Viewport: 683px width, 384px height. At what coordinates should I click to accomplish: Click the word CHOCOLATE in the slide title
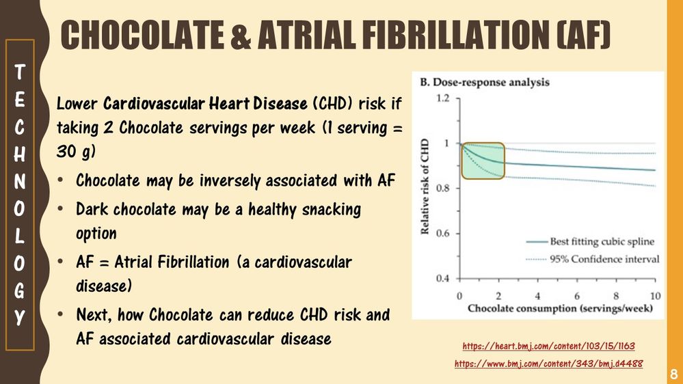(142, 34)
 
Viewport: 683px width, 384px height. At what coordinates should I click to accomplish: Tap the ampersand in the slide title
(241, 34)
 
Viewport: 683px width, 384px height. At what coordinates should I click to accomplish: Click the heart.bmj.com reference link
(548, 346)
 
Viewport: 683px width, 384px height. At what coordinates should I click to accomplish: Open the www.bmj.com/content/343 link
(548, 364)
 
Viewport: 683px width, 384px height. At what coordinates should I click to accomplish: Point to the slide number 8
(673, 374)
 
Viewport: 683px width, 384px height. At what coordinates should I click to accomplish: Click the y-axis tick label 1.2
(442, 98)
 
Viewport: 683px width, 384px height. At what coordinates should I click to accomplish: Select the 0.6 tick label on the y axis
(442, 234)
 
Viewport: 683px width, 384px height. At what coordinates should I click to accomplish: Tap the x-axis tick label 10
(655, 296)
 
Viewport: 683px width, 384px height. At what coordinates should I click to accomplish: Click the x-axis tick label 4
(537, 296)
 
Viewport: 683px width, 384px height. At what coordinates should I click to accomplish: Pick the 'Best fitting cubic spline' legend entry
(590, 242)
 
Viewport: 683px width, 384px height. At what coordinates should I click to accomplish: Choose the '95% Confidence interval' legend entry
(592, 260)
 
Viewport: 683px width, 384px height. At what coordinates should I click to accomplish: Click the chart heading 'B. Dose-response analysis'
(484, 82)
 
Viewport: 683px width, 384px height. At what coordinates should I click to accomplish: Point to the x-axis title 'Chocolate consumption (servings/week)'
(560, 309)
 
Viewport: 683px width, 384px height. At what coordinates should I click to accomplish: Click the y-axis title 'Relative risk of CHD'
(425, 187)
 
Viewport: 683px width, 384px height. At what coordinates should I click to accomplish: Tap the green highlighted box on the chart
(483, 161)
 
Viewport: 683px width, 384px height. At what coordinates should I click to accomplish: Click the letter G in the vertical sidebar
(20, 291)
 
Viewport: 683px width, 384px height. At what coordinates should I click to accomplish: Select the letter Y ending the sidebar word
(20, 318)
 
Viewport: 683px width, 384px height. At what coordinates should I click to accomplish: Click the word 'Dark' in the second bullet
(92, 209)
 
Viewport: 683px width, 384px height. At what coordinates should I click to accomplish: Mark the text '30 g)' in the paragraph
(76, 152)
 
